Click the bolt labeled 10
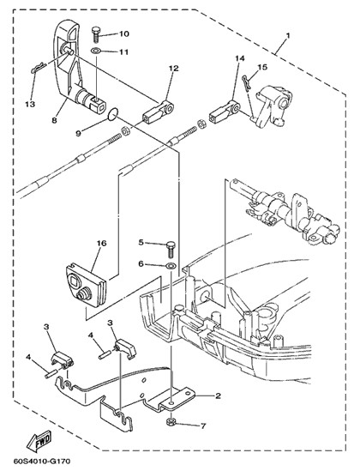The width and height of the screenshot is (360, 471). point(96,34)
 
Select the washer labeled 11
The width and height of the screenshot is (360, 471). point(96,51)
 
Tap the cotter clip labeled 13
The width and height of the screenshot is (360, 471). point(39,68)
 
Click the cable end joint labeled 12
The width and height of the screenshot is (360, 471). point(158,112)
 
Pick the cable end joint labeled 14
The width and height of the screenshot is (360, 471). point(225,113)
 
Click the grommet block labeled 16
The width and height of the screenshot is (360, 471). point(86,285)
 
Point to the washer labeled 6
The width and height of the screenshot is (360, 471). point(171,266)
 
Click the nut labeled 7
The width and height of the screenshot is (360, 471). point(171,421)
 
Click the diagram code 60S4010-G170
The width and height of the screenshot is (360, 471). point(42,461)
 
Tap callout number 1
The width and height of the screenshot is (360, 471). point(288,35)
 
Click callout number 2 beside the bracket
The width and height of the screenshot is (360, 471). point(218,396)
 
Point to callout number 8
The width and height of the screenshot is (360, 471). point(54,120)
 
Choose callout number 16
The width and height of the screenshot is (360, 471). point(102,243)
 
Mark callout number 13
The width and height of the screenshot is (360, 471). point(30,104)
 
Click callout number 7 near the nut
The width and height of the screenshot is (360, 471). point(203,426)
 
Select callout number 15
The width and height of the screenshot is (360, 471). point(262,67)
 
